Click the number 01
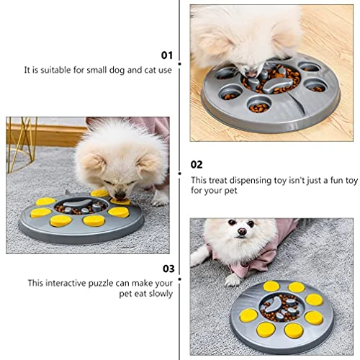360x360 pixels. [167, 55]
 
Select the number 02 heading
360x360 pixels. [197, 164]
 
